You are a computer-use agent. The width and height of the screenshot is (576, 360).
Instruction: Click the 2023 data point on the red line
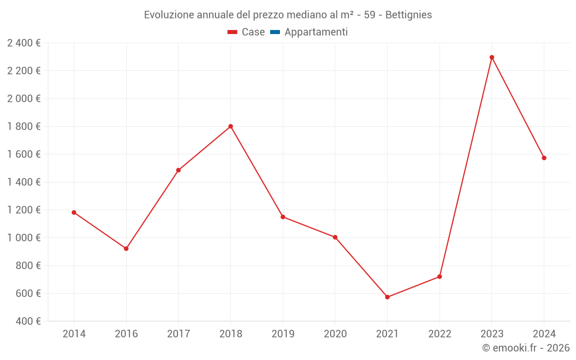(492, 57)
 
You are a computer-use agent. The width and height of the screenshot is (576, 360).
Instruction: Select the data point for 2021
(387, 297)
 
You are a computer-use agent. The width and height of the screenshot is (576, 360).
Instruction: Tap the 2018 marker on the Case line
(230, 126)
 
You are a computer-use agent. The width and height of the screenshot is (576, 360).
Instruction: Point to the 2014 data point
(74, 213)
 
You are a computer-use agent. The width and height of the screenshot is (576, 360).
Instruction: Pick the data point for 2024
(544, 158)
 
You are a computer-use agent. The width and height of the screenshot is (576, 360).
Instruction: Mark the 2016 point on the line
(126, 249)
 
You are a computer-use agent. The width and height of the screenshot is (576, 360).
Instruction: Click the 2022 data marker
(439, 276)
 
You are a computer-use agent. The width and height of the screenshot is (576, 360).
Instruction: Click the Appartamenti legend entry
(316, 32)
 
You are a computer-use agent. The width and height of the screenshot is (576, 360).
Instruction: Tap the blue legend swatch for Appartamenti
(275, 32)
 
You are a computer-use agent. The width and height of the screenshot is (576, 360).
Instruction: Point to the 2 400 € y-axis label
(24, 43)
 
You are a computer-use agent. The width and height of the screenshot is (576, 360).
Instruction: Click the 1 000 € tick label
(24, 238)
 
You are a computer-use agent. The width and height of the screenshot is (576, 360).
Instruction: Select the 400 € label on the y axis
(28, 321)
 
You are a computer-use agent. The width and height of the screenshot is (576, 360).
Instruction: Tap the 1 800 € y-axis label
(24, 126)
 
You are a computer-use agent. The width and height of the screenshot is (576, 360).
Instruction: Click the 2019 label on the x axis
(283, 334)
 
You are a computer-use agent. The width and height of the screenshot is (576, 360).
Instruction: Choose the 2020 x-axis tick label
(335, 334)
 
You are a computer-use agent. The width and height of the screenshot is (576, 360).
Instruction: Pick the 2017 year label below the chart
(178, 334)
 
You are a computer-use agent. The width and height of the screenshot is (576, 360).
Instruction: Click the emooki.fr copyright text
(526, 348)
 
